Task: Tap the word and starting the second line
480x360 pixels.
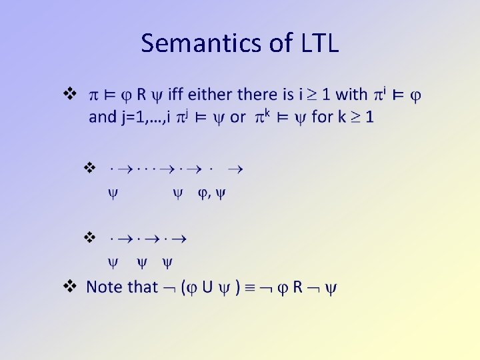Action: pos(102,117)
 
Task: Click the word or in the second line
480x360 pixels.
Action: pos(237,117)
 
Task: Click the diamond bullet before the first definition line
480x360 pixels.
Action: pos(68,93)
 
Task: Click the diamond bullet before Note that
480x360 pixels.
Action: pos(68,287)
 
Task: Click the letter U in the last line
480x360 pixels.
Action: pos(207,287)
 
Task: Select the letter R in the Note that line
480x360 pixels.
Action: pos(297,287)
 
